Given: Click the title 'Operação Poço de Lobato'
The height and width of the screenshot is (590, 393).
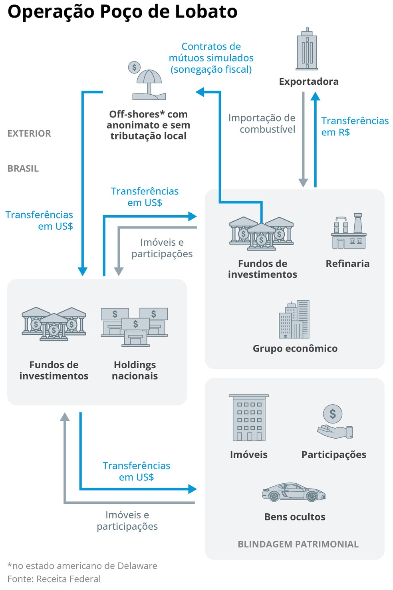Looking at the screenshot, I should (122, 12).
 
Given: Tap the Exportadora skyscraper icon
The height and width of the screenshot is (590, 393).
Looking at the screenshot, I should (307, 50).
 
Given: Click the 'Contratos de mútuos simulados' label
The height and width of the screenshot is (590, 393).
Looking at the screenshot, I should (211, 58).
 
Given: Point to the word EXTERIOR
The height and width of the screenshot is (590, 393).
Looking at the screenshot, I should (29, 133).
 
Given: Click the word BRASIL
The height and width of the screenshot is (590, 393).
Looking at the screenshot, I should (23, 169).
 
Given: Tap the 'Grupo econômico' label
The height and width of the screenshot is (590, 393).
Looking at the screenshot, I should (295, 349).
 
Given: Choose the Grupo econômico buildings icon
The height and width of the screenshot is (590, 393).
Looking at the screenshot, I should (294, 320).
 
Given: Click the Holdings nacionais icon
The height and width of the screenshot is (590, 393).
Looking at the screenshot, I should (135, 326).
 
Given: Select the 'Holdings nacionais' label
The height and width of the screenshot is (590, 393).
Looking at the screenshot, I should (135, 370).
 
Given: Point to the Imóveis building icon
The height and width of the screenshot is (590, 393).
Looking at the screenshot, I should (248, 418).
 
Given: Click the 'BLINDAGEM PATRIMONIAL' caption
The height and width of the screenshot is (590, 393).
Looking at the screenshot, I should (298, 544).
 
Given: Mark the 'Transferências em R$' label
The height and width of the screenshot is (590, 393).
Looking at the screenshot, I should (355, 126).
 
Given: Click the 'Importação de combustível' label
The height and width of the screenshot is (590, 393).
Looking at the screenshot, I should (262, 123).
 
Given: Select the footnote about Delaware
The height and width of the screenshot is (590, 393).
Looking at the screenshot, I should (82, 566).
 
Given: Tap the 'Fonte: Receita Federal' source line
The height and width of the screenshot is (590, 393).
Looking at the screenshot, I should (54, 579).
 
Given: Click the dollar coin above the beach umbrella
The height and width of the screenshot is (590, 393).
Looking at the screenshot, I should (134, 67).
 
